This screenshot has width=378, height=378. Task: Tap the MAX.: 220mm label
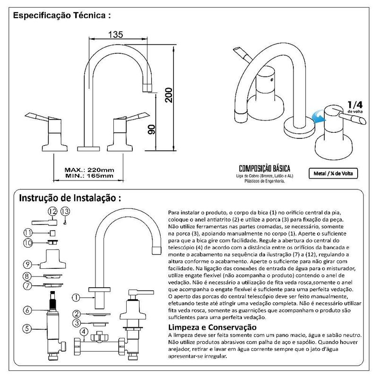89,169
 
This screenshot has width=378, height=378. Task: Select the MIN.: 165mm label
89,176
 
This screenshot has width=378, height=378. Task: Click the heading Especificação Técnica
62,15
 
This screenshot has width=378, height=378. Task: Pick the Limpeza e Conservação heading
212,327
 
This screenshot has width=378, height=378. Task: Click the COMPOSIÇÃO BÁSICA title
264,169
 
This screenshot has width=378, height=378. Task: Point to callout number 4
84,332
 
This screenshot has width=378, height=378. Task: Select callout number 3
76,323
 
